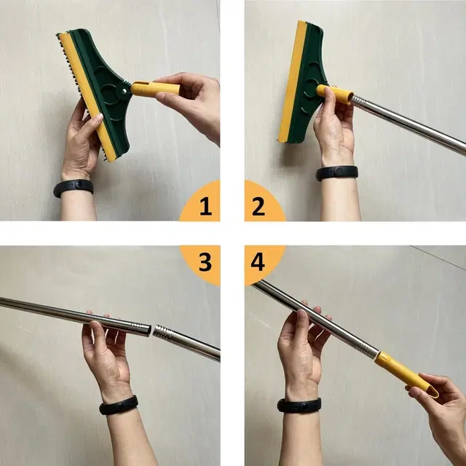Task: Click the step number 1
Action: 205,206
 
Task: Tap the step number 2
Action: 258,206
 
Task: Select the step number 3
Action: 205,262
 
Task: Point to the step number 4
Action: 258,261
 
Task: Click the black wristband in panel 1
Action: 74,188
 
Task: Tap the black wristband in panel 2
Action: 336,173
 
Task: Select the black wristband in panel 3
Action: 119,405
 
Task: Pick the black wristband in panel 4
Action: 299,406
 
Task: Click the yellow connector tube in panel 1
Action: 155,89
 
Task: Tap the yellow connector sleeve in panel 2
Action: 334,94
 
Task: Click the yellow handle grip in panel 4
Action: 406,374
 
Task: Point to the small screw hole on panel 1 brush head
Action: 125,90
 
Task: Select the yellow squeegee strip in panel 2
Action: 292,82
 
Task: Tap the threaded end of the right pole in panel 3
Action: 162,331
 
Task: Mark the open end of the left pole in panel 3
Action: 148,331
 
